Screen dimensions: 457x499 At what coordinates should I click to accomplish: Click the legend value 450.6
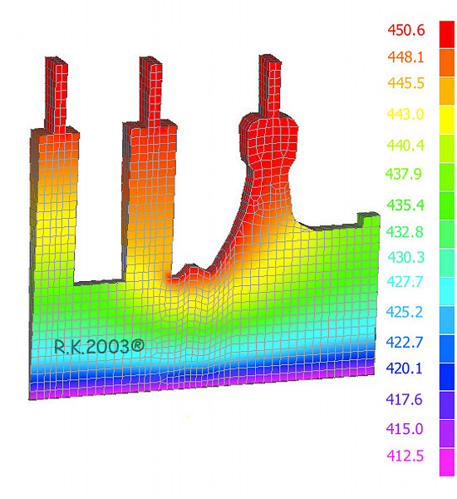click(405, 30)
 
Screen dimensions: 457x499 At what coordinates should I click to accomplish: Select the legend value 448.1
click(405, 57)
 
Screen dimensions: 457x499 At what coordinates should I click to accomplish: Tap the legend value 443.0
click(405, 114)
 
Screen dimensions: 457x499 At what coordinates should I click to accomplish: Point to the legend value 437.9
click(404, 174)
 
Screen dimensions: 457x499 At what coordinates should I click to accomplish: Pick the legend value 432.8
click(405, 232)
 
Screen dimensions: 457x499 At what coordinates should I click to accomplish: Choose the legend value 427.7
click(405, 282)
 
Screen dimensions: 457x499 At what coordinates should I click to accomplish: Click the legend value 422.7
click(405, 342)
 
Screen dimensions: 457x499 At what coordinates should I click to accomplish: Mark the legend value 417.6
click(405, 399)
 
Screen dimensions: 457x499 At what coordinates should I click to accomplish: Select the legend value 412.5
click(405, 456)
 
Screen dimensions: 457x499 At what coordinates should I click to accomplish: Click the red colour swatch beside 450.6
click(447, 35)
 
